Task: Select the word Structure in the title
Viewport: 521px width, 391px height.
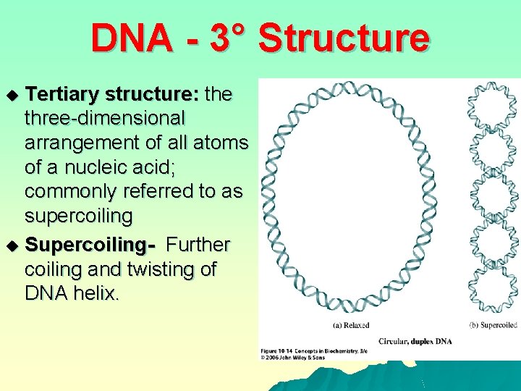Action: tap(343, 38)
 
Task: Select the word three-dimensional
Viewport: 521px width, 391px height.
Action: tap(105, 118)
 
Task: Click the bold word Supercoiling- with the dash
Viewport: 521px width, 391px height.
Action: tap(90, 245)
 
